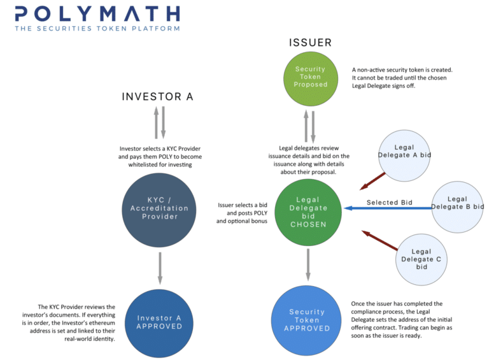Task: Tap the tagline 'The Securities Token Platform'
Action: pyautogui.click(x=97, y=29)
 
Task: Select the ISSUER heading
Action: pyautogui.click(x=310, y=43)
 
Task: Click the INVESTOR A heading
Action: pyautogui.click(x=158, y=97)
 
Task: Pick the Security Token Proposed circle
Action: pyautogui.click(x=310, y=76)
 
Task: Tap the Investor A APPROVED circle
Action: pyautogui.click(x=159, y=321)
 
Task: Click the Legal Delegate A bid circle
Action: pyautogui.click(x=404, y=151)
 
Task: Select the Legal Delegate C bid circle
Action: pyautogui.click(x=422, y=259)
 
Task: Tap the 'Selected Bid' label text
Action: pyautogui.click(x=389, y=203)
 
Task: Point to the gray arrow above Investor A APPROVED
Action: pyautogui.click(x=160, y=268)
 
